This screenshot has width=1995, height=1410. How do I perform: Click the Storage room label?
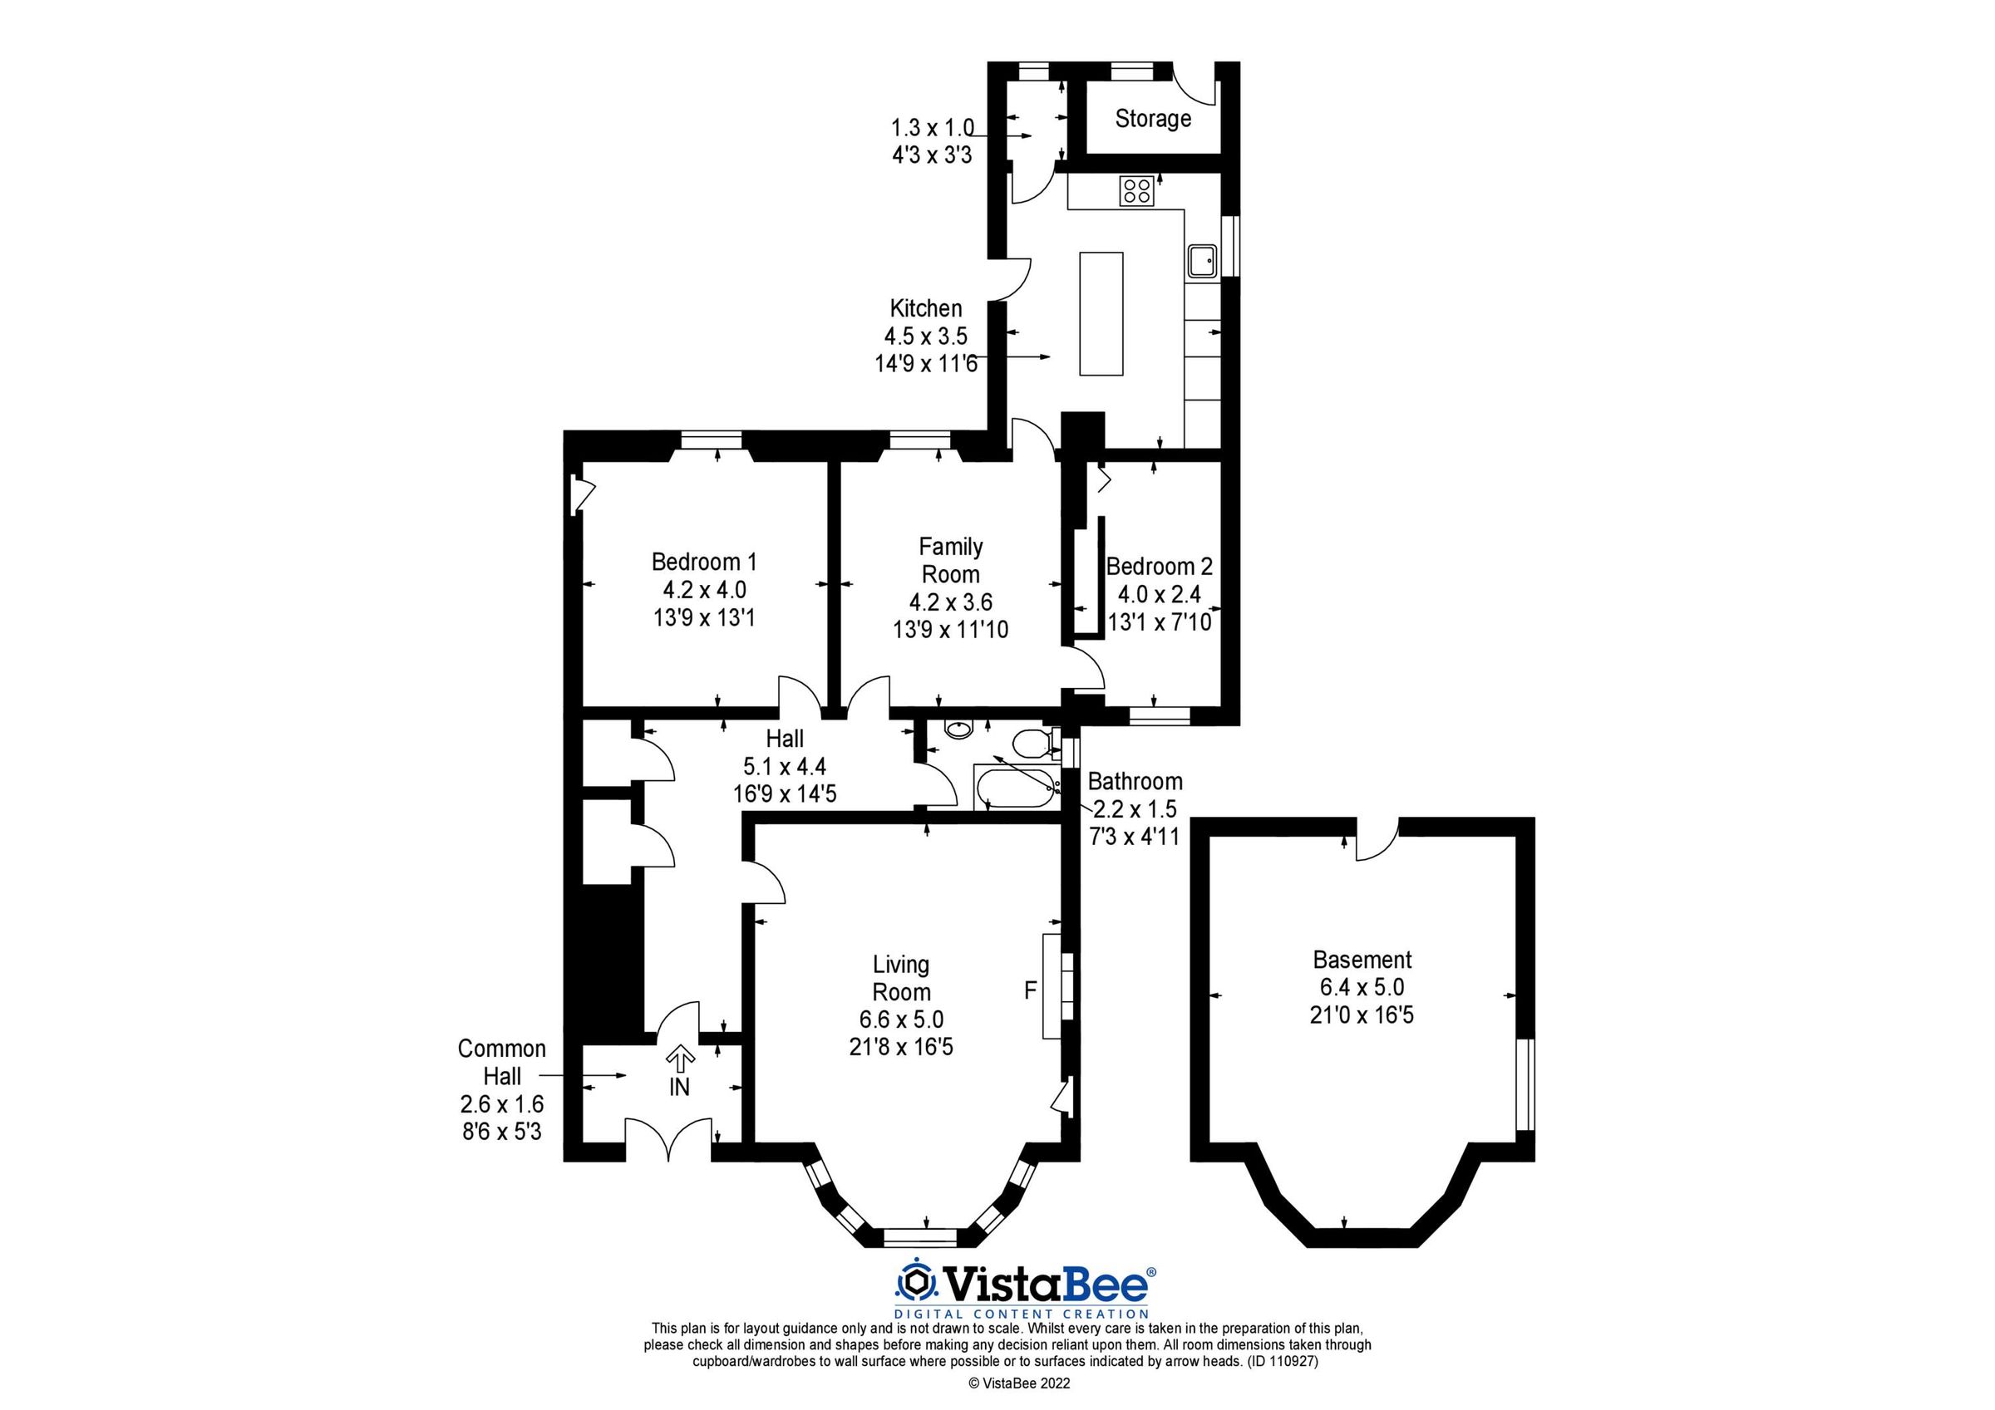coord(1152,118)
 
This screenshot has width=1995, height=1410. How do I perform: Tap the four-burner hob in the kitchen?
coord(1136,190)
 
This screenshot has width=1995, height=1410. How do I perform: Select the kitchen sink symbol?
coord(1203,260)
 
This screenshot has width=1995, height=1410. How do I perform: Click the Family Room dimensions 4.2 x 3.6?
coord(951,602)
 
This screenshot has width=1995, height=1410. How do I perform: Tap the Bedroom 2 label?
coord(1159,567)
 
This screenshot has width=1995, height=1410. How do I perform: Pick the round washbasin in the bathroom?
coord(958,730)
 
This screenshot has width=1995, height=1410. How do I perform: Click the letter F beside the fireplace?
coord(1031,990)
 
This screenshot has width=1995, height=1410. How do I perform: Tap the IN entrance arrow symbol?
coord(679,1059)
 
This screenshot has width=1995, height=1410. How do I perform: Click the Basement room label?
coord(1362,959)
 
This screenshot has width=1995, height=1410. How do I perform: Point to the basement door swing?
coord(1377,839)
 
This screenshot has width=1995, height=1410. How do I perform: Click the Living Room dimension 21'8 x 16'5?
coord(901,1047)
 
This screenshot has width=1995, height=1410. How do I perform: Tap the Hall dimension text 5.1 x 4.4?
coord(784,766)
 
